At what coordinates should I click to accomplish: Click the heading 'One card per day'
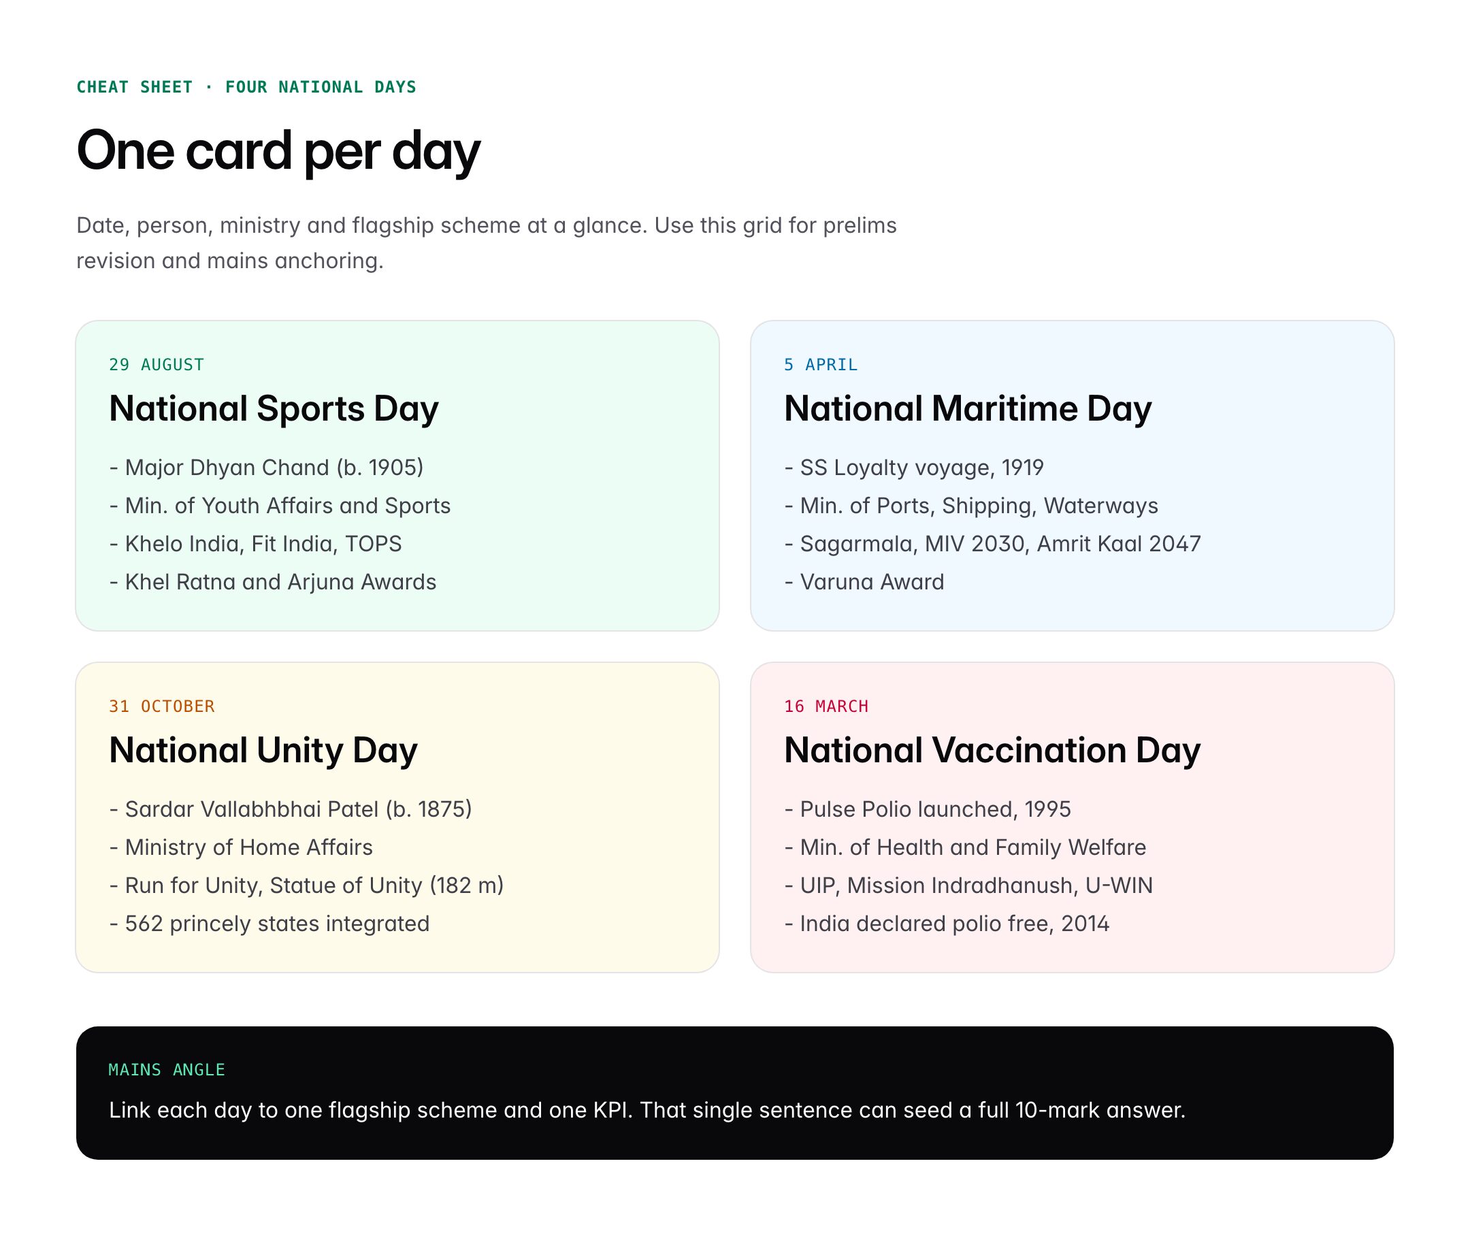pyautogui.click(x=278, y=150)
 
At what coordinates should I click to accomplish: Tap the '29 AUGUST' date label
pyautogui.click(x=157, y=364)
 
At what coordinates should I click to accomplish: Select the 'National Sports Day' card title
pyautogui.click(x=274, y=408)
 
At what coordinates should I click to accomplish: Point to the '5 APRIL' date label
pyautogui.click(x=820, y=364)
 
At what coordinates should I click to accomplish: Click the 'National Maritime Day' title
pyautogui.click(x=967, y=408)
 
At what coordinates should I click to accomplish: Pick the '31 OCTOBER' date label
pyautogui.click(x=161, y=706)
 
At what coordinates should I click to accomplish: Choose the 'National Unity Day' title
pyautogui.click(x=263, y=751)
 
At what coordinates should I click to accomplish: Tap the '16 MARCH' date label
pyautogui.click(x=826, y=706)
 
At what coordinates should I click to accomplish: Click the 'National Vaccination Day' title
pyautogui.click(x=992, y=751)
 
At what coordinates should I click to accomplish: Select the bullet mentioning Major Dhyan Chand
pyautogui.click(x=266, y=468)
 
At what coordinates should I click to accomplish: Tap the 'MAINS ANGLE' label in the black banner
pyautogui.click(x=167, y=1070)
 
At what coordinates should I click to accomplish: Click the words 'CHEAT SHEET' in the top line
pyautogui.click(x=134, y=87)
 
